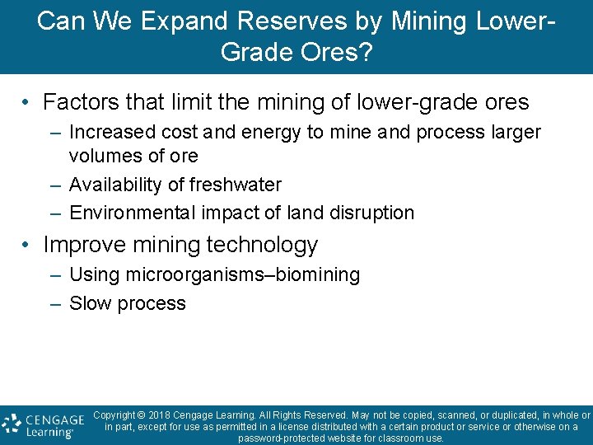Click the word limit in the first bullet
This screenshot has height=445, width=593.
192,102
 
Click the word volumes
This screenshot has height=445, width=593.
102,155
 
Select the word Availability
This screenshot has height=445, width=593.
112,185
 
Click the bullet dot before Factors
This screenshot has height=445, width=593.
27,103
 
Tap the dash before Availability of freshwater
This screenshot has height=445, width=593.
55,185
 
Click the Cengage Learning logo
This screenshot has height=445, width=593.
44,424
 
